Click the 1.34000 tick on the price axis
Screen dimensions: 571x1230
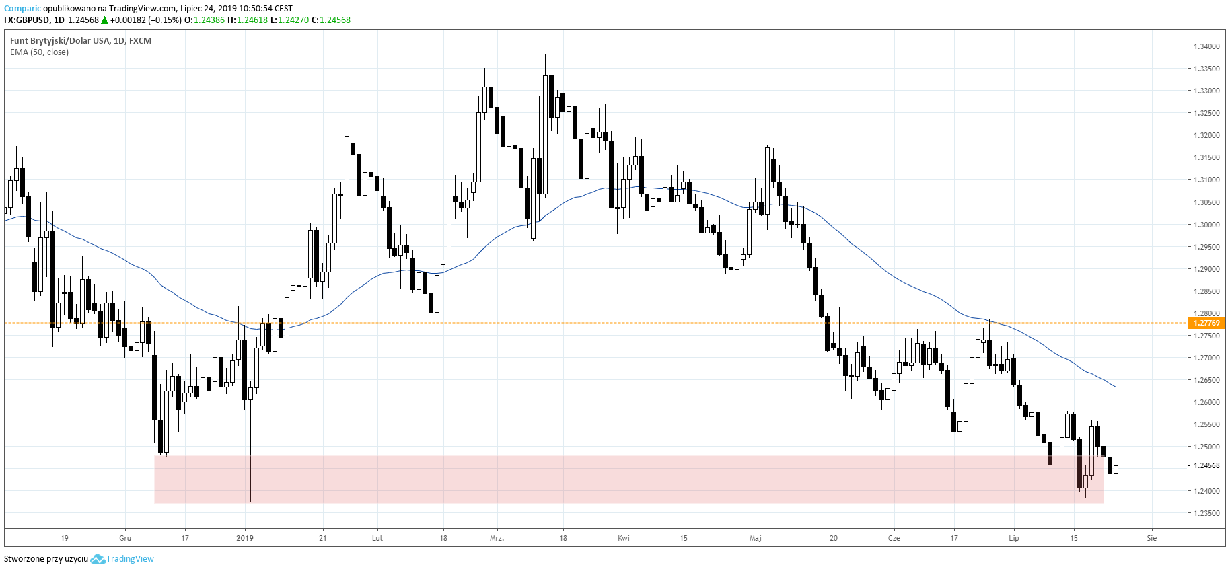click(x=1206, y=46)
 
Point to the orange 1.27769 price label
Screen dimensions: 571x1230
click(x=1206, y=323)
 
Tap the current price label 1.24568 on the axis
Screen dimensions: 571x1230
click(x=1206, y=465)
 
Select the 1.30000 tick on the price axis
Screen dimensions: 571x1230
click(x=1206, y=225)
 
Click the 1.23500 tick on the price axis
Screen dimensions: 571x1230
click(x=1206, y=513)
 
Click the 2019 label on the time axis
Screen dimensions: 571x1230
click(x=245, y=538)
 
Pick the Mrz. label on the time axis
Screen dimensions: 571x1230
click(x=497, y=538)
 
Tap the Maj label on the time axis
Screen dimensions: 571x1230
click(x=756, y=538)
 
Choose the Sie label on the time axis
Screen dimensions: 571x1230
click(x=1152, y=538)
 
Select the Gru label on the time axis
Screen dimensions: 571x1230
click(x=125, y=538)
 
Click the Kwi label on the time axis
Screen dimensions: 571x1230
click(x=624, y=538)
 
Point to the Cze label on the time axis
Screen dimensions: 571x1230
click(x=894, y=538)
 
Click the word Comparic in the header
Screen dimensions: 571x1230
click(x=22, y=9)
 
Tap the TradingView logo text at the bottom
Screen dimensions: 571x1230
click(x=130, y=559)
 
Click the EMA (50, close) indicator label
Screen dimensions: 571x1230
click(x=39, y=52)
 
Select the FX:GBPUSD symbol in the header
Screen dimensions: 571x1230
click(x=27, y=20)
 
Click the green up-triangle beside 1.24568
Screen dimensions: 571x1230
click(x=104, y=20)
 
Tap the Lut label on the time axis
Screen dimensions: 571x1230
click(x=377, y=538)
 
